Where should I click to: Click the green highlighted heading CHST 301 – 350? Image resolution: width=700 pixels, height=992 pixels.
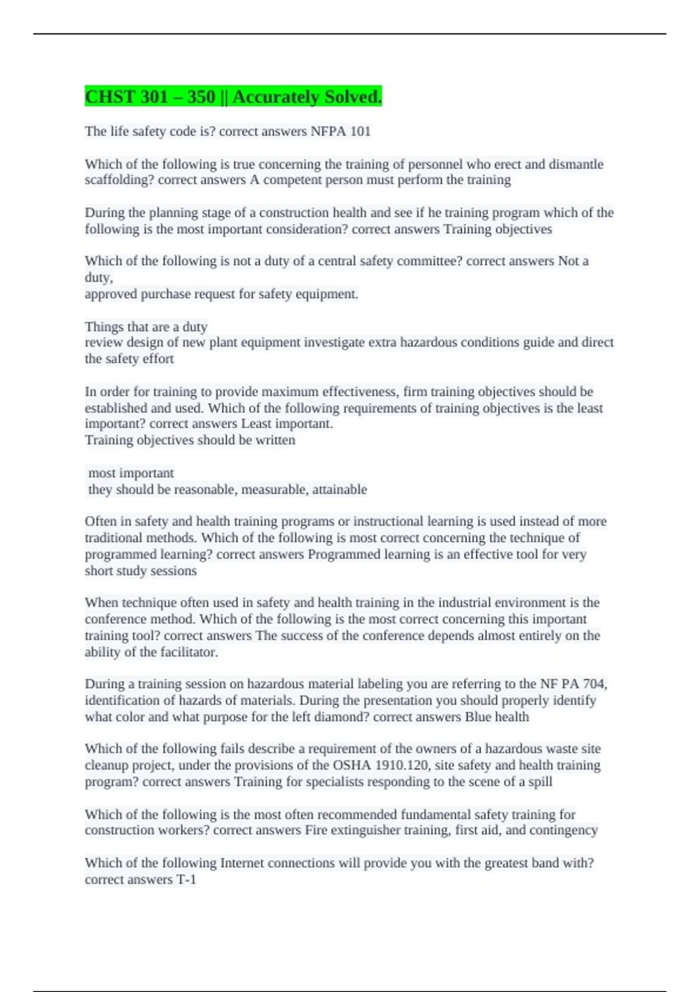(233, 96)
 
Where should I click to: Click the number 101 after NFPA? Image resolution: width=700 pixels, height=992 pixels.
(360, 131)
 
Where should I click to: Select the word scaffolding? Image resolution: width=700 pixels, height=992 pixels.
(119, 180)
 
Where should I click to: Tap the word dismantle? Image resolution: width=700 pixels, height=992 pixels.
(576, 164)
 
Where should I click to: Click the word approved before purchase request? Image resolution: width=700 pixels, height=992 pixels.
(110, 294)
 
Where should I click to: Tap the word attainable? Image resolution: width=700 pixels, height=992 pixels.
(339, 489)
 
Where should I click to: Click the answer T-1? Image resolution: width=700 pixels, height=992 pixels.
(186, 879)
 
